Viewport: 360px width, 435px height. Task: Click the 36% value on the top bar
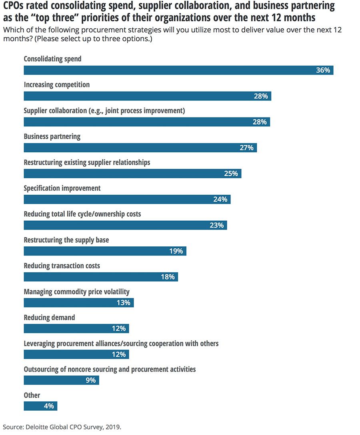tap(323, 70)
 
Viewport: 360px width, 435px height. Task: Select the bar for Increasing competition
tap(147, 96)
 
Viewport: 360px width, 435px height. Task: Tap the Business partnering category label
tap(52, 136)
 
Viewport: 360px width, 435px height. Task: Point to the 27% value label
tap(247, 148)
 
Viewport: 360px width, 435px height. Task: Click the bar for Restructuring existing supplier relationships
tap(132, 174)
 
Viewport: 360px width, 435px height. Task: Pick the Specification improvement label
tap(62, 188)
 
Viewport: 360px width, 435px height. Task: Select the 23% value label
tap(216, 225)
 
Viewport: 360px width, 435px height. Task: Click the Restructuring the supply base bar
tap(105, 251)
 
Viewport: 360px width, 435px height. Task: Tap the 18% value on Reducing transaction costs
tap(168, 277)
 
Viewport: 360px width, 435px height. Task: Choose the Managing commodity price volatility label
tap(76, 291)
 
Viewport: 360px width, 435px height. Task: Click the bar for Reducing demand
tap(76, 329)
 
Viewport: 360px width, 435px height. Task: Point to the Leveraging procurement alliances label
tap(121, 343)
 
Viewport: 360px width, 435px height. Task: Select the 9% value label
tap(91, 381)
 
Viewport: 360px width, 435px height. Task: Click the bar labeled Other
tap(40, 406)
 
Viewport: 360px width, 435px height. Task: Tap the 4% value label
tap(49, 406)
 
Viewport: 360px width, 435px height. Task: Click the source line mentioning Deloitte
tap(62, 427)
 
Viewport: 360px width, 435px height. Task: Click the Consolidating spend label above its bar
tap(52, 59)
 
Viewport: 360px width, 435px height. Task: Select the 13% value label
tap(124, 303)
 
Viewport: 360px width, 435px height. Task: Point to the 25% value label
tap(231, 174)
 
